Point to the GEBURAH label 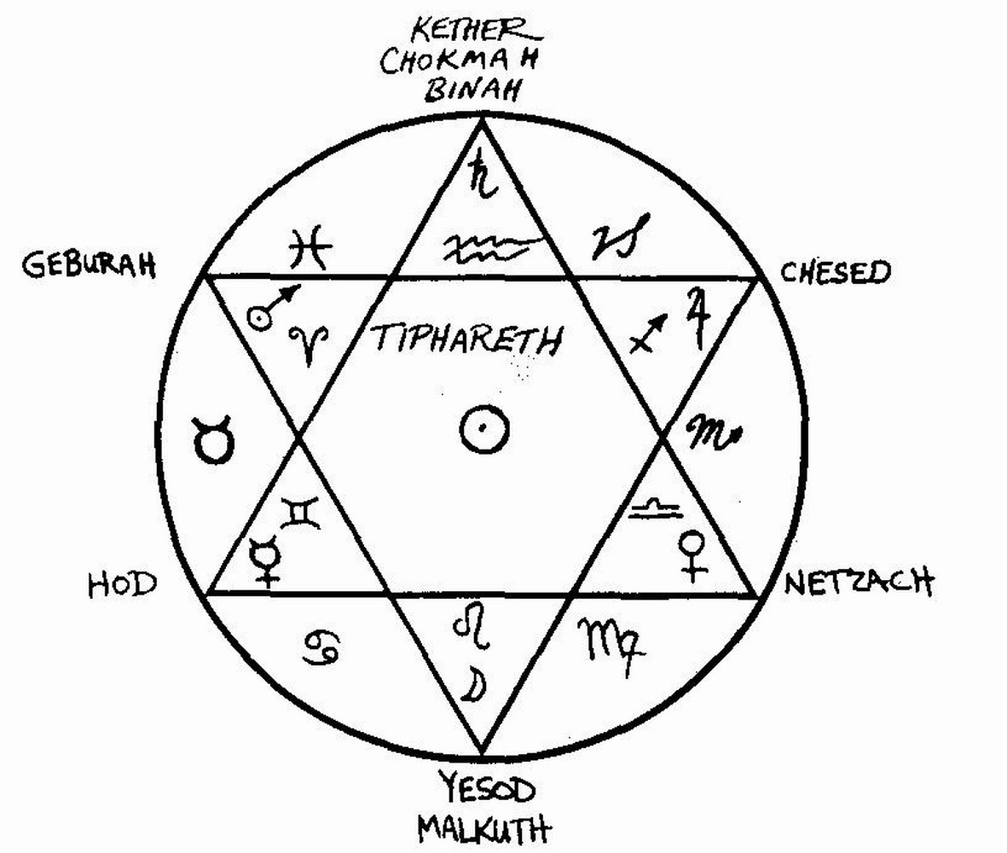tap(89, 265)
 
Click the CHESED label tap(835, 273)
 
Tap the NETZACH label tap(858, 583)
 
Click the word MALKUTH tap(483, 827)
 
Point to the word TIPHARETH tap(467, 340)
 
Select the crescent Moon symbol tap(470, 682)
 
